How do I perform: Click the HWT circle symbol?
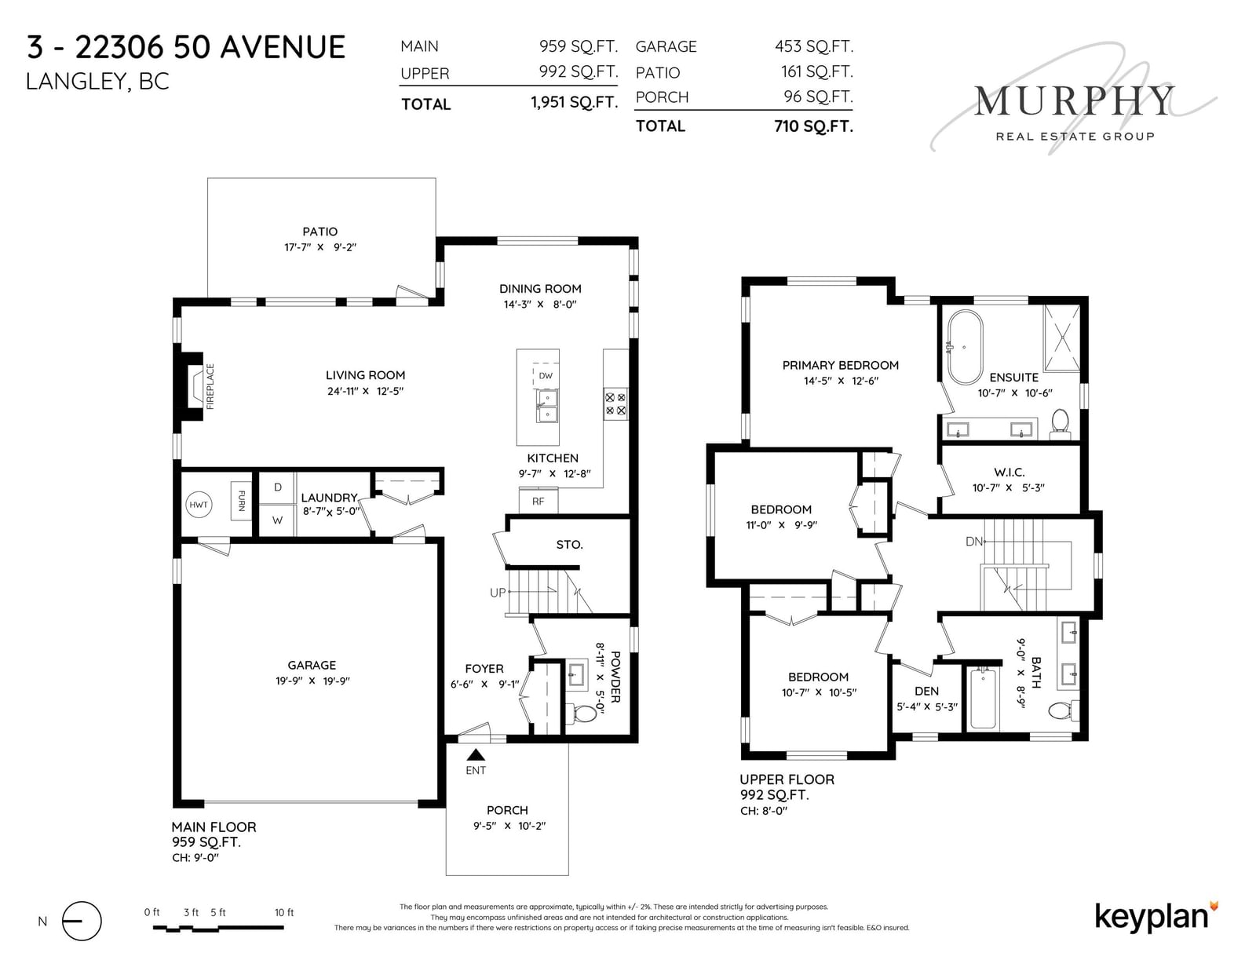tap(199, 505)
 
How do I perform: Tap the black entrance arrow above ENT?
tap(476, 754)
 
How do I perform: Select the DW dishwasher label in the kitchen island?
tap(546, 376)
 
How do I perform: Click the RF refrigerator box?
tap(539, 501)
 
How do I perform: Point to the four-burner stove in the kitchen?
tap(615, 404)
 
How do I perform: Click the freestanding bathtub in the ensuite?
tap(964, 348)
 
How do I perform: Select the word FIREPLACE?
tap(210, 386)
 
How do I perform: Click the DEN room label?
tap(926, 691)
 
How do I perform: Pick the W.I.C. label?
tap(1010, 473)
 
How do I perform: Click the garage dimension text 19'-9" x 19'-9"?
tap(312, 681)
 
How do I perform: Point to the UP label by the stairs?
tap(498, 593)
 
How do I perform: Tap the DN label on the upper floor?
tap(974, 541)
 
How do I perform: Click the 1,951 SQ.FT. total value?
tap(575, 102)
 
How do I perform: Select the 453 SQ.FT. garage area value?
tap(814, 46)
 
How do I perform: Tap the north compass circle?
tap(82, 922)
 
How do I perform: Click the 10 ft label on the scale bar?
tap(284, 913)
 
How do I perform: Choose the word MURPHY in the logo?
tap(1075, 101)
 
